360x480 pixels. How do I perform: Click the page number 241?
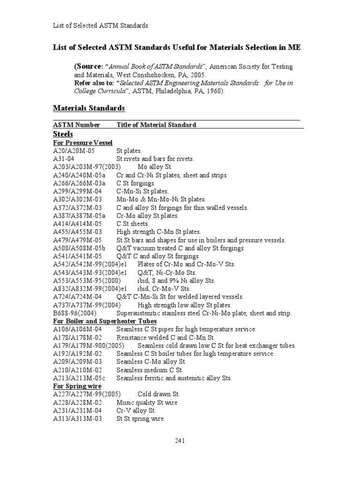180,440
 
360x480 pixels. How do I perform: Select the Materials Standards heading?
89,108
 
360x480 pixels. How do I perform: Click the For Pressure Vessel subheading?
82,142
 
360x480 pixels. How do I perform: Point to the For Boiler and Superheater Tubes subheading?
105,321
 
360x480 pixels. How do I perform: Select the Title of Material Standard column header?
156,125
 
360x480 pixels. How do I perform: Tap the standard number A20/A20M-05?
74,151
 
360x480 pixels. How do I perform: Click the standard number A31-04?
64,159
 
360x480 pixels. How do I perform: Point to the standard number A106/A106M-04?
77,329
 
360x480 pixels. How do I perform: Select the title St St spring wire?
141,419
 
